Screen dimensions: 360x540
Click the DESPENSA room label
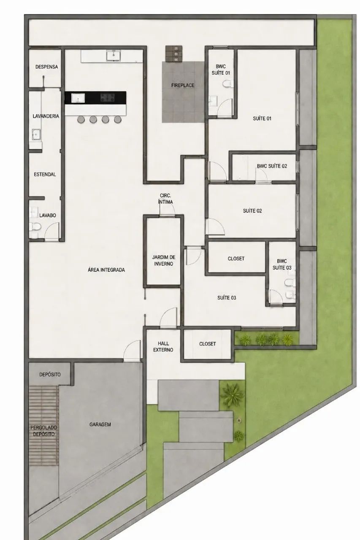pyautogui.click(x=46, y=67)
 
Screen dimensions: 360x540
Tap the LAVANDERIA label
pyautogui.click(x=46, y=116)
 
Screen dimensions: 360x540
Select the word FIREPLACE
pyautogui.click(x=183, y=85)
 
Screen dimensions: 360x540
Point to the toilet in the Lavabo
pyautogui.click(x=35, y=227)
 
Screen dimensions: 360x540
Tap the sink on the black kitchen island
pyautogui.click(x=78, y=98)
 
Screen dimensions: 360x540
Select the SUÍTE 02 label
pyautogui.click(x=252, y=211)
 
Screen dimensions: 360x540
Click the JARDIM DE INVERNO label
pyautogui.click(x=164, y=261)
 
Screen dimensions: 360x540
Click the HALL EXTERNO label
pyautogui.click(x=163, y=347)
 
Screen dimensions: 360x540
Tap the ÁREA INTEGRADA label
pyautogui.click(x=106, y=270)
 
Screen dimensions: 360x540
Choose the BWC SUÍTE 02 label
pyautogui.click(x=272, y=166)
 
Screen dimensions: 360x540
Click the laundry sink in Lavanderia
pyautogui.click(x=36, y=134)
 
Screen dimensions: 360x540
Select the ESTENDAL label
pyautogui.click(x=45, y=174)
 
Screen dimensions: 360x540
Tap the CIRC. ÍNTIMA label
pyautogui.click(x=166, y=199)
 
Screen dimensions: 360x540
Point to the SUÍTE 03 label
pyautogui.click(x=227, y=298)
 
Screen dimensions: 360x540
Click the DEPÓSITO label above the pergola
pyautogui.click(x=50, y=374)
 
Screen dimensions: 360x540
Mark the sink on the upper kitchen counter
pyautogui.click(x=114, y=55)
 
